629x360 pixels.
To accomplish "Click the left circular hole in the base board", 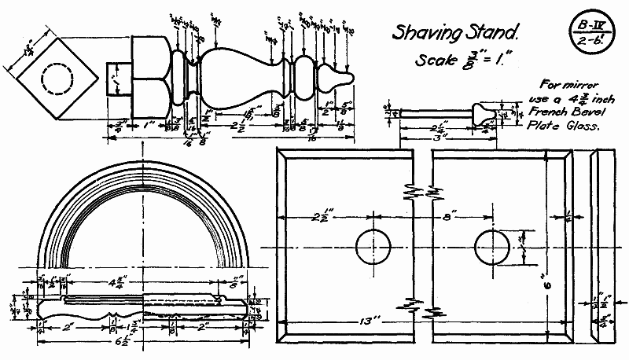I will (373, 246).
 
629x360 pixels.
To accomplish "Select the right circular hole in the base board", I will (495, 246).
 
